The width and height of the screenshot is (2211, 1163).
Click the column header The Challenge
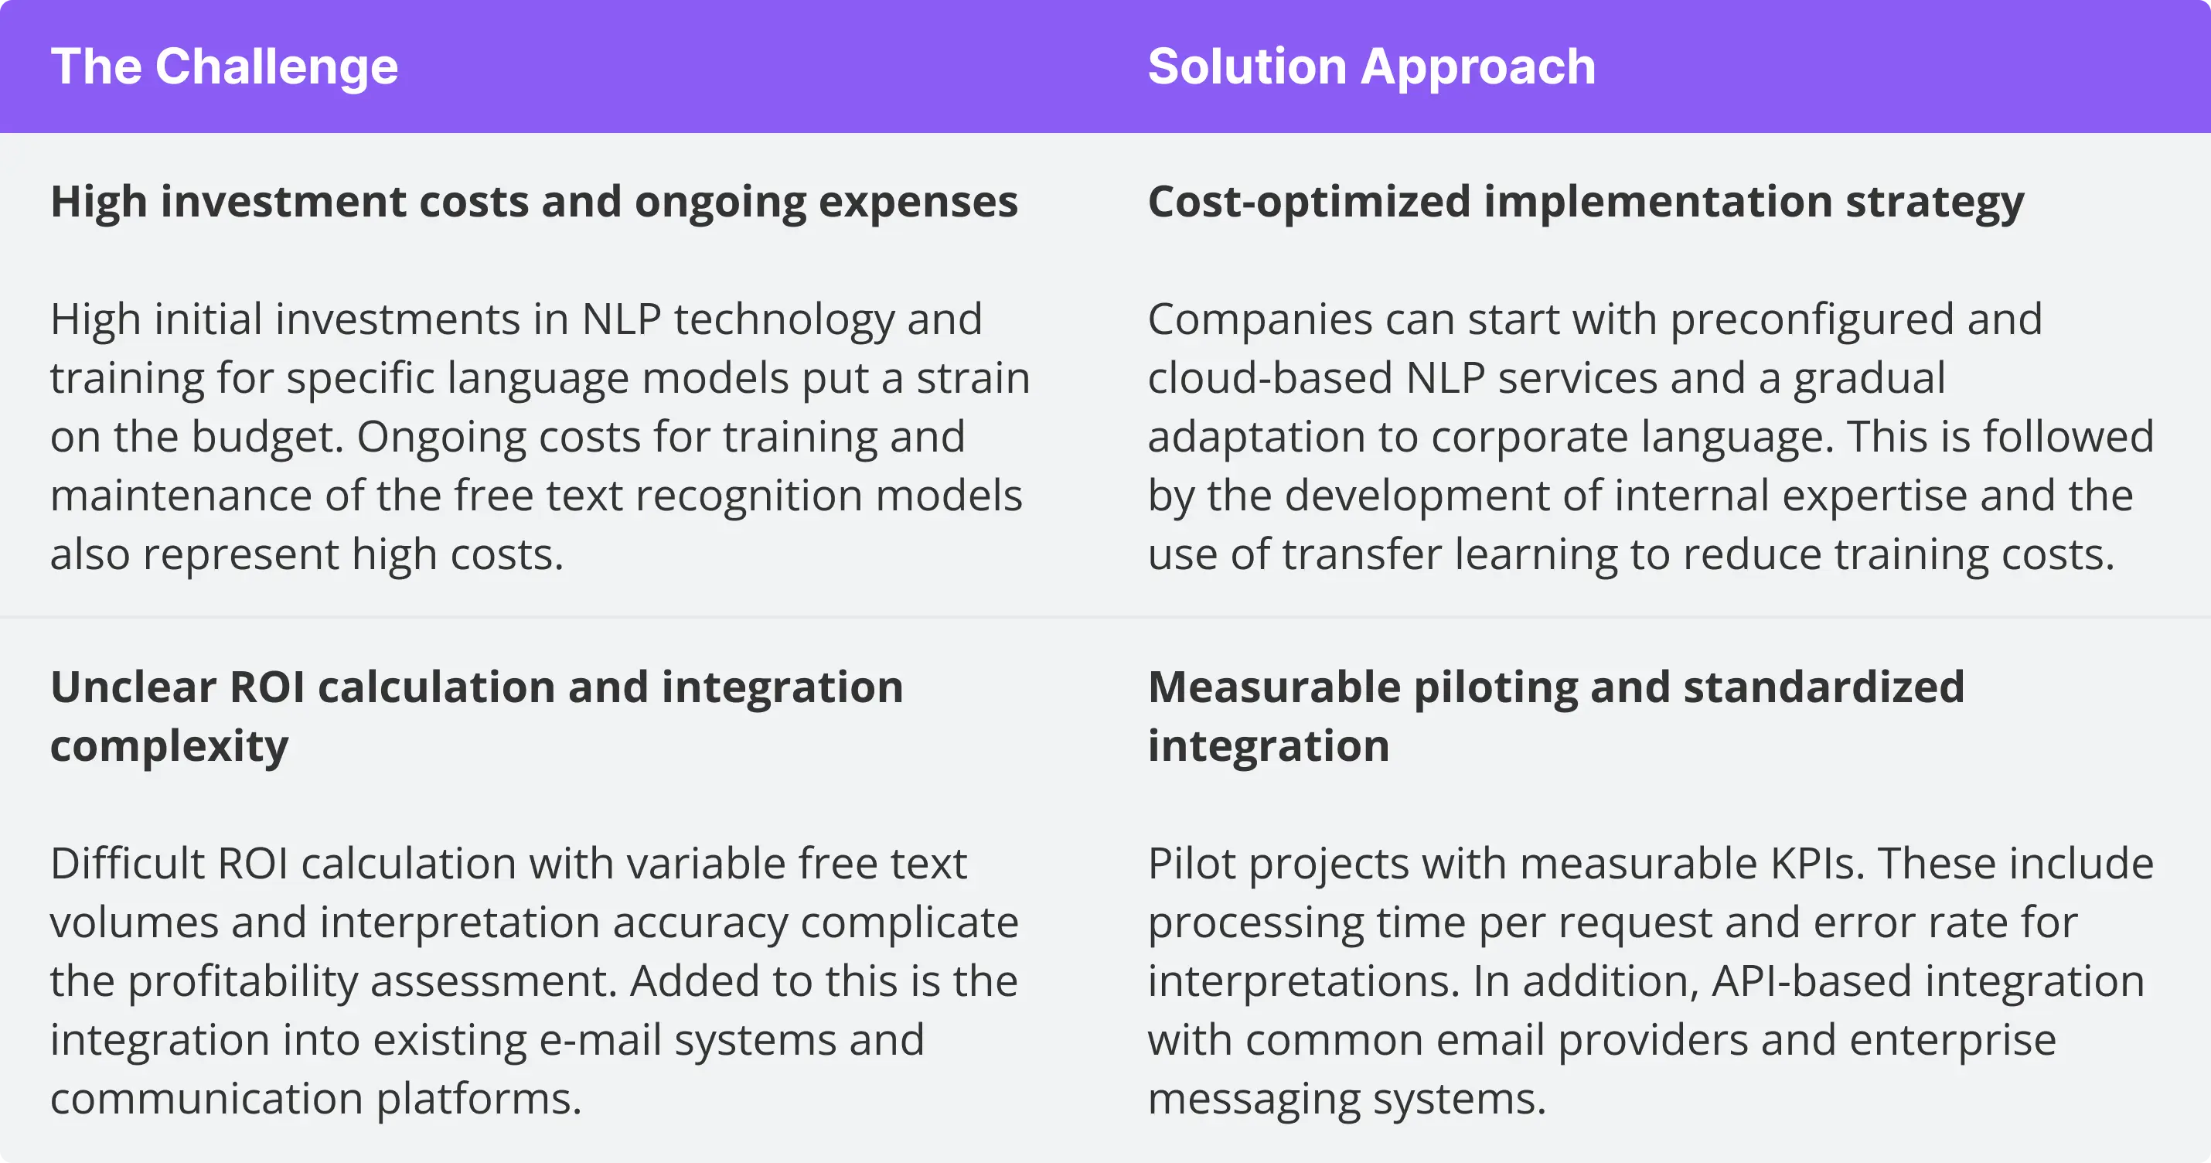tap(224, 67)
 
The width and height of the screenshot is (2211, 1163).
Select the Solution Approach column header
tap(1371, 67)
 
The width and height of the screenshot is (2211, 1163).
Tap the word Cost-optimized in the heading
tap(1309, 203)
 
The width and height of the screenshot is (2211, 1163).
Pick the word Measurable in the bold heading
tap(1274, 687)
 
